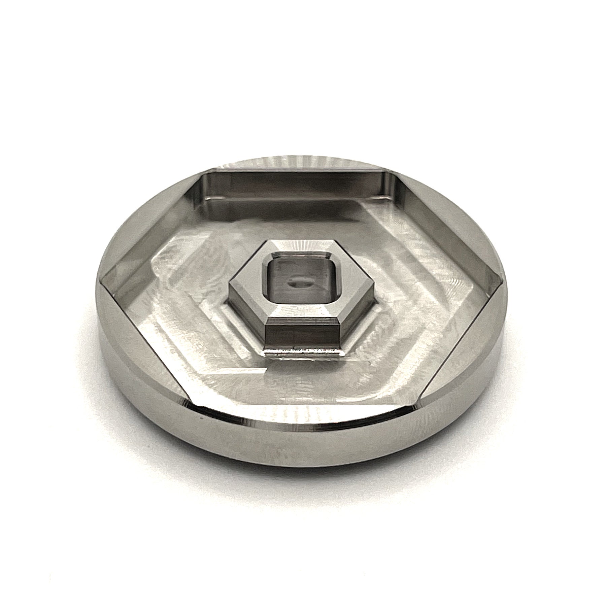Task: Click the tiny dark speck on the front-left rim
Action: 201,418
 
